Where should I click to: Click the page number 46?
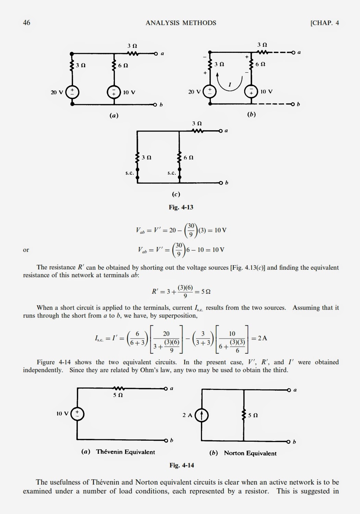click(x=26, y=23)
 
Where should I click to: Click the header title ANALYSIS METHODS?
click(x=181, y=23)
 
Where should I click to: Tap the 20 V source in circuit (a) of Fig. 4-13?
click(x=72, y=92)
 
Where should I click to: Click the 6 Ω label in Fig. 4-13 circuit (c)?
click(x=189, y=158)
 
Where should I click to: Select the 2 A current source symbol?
click(x=202, y=415)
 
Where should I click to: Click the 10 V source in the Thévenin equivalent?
click(x=77, y=414)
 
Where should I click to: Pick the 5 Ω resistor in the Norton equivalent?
click(x=244, y=415)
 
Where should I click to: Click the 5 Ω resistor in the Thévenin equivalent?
click(x=118, y=389)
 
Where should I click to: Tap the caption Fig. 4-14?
click(x=182, y=465)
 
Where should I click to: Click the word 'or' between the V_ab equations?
click(x=26, y=250)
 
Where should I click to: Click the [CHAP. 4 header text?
click(x=324, y=23)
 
